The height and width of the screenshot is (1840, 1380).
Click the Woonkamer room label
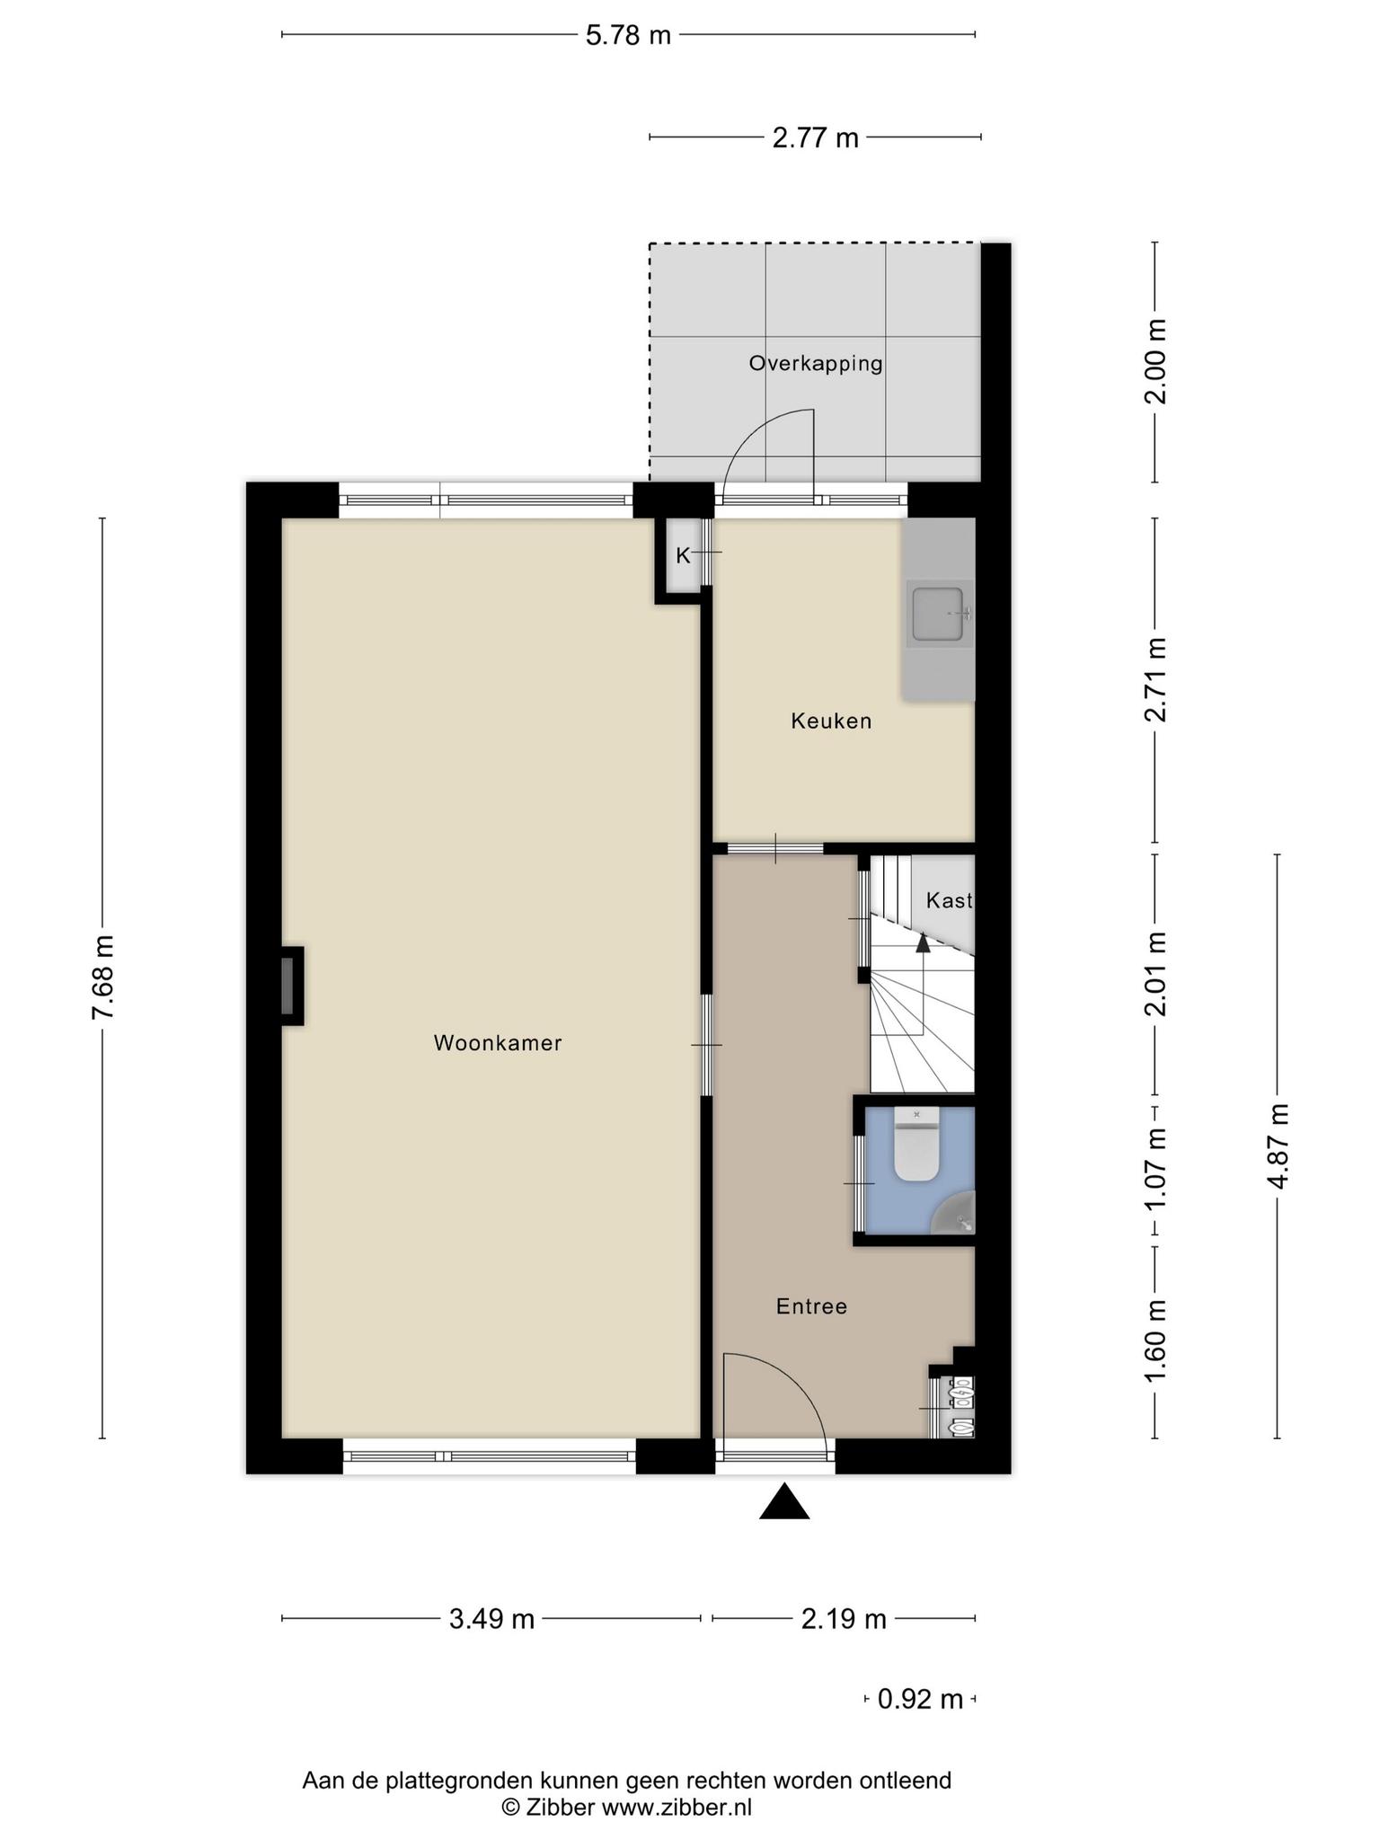(x=498, y=1043)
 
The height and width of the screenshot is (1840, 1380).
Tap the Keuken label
(x=831, y=721)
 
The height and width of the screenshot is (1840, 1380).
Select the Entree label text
(x=811, y=1306)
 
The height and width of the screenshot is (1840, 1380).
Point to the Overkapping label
(x=816, y=364)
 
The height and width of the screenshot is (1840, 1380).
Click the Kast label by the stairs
(x=950, y=900)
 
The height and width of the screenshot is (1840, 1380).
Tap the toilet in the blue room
(x=916, y=1144)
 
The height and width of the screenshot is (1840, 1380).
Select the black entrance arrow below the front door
(x=784, y=1501)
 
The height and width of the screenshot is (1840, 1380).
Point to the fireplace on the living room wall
(x=291, y=986)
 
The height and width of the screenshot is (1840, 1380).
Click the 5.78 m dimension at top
(x=628, y=36)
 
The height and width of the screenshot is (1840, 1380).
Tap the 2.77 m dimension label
(x=816, y=138)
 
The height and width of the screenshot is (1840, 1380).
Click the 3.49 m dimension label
(x=491, y=1619)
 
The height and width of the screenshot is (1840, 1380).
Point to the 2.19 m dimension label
(x=844, y=1619)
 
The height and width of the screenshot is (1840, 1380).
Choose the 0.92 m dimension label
(x=920, y=1699)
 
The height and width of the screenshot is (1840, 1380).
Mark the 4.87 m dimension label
(x=1278, y=1146)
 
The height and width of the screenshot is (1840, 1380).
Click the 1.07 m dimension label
(x=1156, y=1170)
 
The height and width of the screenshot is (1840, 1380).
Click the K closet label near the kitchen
(x=683, y=556)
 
